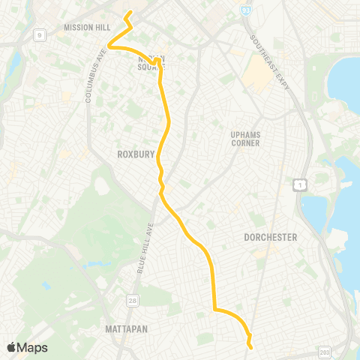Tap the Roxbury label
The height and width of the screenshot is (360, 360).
click(x=136, y=154)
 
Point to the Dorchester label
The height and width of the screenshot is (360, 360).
click(x=271, y=237)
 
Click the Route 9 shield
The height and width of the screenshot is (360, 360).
click(x=39, y=34)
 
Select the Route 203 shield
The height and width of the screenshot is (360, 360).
click(x=324, y=351)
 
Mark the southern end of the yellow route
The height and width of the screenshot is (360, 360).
click(x=250, y=347)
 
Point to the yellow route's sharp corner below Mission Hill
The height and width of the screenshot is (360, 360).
click(x=110, y=46)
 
